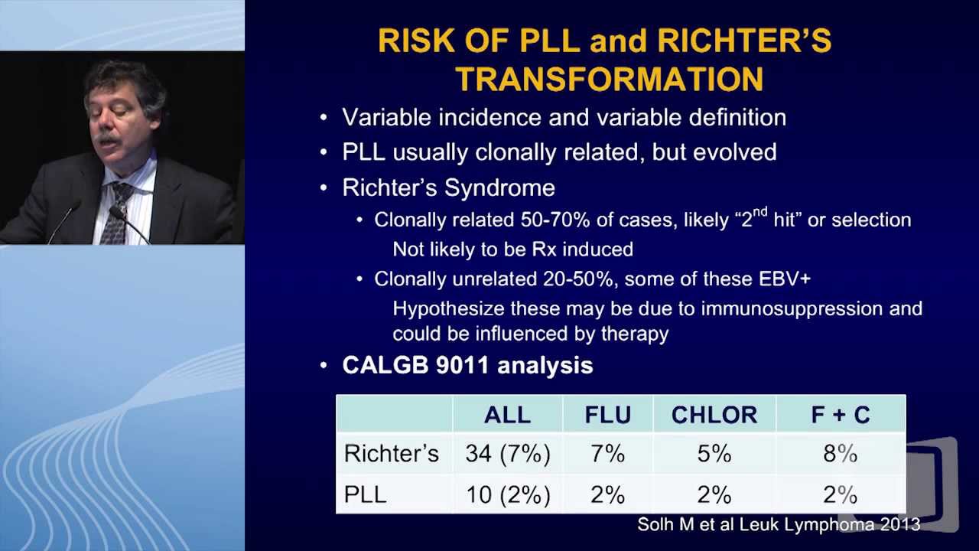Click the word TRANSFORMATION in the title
(x=609, y=79)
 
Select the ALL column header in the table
(x=507, y=415)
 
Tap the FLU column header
(x=607, y=415)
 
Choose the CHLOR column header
(x=714, y=415)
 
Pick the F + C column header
(x=840, y=415)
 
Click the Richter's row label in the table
(x=391, y=454)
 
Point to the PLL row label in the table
(x=365, y=495)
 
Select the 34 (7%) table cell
(x=507, y=454)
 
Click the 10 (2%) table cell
(x=507, y=495)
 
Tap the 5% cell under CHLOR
(x=714, y=454)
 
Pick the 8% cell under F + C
(x=840, y=454)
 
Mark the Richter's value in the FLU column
(x=607, y=454)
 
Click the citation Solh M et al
(x=778, y=524)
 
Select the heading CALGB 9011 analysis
(x=467, y=365)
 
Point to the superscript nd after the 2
(x=759, y=214)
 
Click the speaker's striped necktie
(x=115, y=211)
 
